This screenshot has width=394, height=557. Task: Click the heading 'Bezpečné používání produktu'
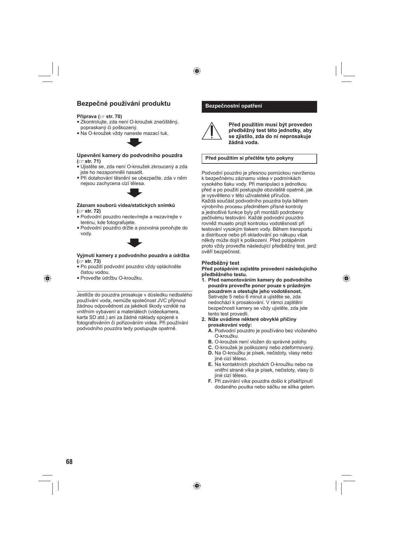pos(124,104)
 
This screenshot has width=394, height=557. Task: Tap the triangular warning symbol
pos(211,131)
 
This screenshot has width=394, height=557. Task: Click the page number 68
pos(69,462)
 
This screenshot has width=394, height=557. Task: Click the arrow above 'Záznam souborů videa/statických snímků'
pos(134,193)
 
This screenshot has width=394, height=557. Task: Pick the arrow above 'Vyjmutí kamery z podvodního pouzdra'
pos(134,243)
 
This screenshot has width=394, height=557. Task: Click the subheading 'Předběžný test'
pos(221,263)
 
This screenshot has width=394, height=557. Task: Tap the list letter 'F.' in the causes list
pos(210,381)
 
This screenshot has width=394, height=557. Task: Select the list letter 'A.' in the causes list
pos(211,331)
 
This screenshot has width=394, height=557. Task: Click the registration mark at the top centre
pos(197,71)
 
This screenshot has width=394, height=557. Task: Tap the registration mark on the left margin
pos(47,278)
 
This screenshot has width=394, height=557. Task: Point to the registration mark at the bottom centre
pos(197,486)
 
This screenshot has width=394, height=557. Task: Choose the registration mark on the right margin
pos(347,278)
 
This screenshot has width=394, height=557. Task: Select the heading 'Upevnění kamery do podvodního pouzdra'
pos(130,156)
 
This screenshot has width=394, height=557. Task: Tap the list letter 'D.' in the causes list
pos(211,353)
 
